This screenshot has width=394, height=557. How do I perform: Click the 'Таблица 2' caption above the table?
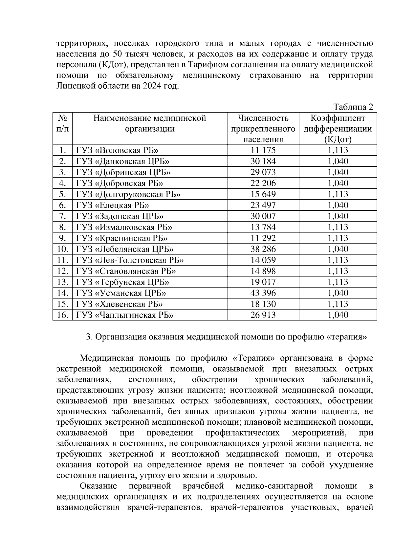point(353,107)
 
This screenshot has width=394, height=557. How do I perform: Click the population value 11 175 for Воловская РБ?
point(263,150)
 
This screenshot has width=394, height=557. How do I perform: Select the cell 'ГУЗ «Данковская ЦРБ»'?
point(122,161)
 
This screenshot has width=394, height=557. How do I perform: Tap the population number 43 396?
point(263,293)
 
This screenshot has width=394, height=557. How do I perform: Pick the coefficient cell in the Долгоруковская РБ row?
point(338,194)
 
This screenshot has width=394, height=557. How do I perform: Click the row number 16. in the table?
point(62,315)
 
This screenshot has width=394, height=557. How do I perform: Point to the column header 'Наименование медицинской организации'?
point(150,123)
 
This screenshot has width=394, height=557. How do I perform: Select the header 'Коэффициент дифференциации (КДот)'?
point(338,129)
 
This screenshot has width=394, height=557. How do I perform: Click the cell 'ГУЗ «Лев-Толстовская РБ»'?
point(130,260)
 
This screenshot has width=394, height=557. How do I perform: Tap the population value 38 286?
point(263,249)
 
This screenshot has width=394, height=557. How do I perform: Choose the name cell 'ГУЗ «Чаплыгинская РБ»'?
point(124,315)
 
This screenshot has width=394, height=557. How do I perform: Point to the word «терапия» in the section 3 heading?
point(347,337)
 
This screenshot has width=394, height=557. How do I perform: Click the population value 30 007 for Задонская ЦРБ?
point(263,216)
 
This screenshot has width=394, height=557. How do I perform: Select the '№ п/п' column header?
point(62,123)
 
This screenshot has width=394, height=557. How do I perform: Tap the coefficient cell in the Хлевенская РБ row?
point(338,304)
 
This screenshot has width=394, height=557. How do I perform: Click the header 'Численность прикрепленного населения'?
point(263,129)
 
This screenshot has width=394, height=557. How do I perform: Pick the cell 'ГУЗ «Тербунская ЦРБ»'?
point(122,282)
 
